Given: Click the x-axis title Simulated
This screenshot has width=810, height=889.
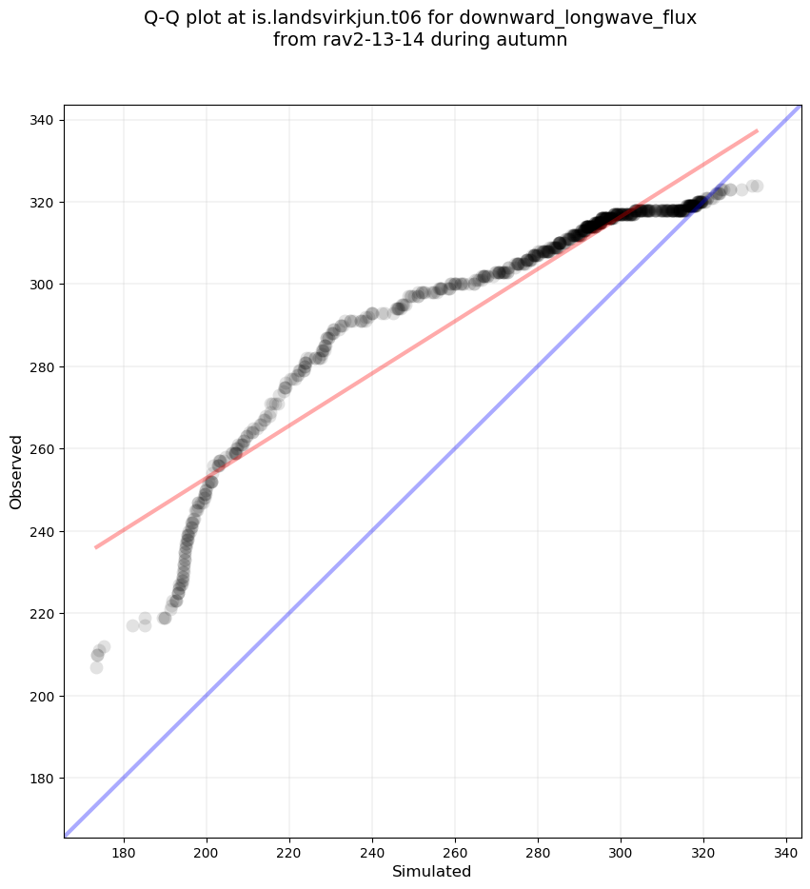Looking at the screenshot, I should pos(432,871).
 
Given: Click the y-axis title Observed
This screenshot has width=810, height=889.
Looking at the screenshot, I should pos(16,471).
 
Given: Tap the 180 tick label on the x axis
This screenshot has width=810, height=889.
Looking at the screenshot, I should pos(124,853).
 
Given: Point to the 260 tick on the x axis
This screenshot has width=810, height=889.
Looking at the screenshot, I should pos(455,853).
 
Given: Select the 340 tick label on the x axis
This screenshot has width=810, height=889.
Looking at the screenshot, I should pos(786,853).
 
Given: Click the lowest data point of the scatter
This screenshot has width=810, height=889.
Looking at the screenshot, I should pos(96,667).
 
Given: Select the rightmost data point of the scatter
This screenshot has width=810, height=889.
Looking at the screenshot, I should pos(756,187).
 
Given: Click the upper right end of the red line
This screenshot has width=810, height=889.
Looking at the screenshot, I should pos(758,130).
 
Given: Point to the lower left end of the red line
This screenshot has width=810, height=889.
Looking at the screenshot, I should pos(96,547).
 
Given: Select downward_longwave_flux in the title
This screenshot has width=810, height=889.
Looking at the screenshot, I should pos(578,18).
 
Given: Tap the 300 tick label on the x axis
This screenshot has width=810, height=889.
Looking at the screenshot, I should pos(621,853).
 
